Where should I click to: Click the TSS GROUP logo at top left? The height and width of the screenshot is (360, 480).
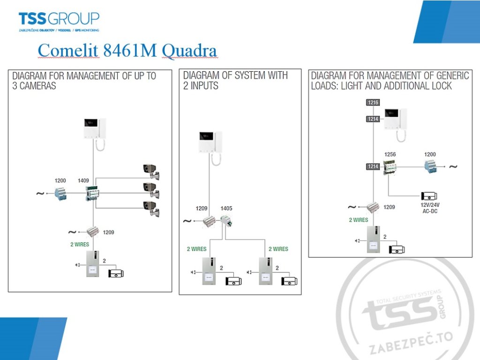click(59, 21)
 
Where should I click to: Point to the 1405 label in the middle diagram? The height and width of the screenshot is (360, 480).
click(226, 208)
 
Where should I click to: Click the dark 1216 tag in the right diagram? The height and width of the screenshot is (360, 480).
click(373, 102)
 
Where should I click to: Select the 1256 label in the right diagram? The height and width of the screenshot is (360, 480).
click(390, 154)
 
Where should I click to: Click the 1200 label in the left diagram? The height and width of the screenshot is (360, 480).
click(61, 180)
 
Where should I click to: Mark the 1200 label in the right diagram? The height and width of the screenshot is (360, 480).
click(430, 154)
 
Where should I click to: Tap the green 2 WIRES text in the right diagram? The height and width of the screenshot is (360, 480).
click(359, 220)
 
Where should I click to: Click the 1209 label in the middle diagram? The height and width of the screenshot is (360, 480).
click(202, 208)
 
